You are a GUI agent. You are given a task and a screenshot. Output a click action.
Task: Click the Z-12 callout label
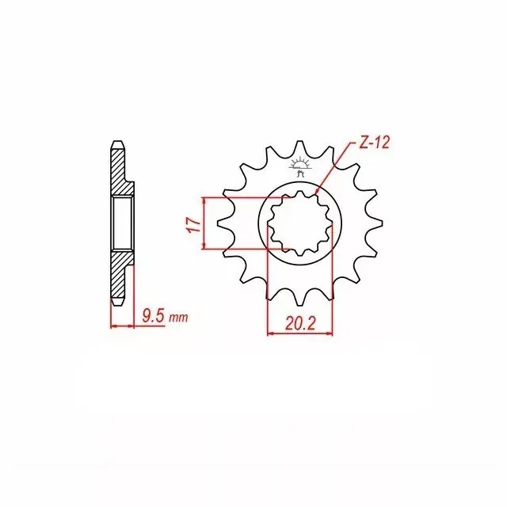pyautogui.click(x=375, y=143)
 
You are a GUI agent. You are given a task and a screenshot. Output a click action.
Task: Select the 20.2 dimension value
pyautogui.click(x=300, y=324)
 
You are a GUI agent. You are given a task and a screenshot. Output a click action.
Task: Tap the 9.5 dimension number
pyautogui.click(x=154, y=316)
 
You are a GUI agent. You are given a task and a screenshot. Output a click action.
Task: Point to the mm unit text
pyautogui.click(x=178, y=318)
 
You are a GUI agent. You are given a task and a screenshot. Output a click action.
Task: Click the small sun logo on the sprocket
pyautogui.click(x=301, y=166)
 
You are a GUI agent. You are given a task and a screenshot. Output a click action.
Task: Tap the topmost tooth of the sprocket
pyautogui.click(x=300, y=149)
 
